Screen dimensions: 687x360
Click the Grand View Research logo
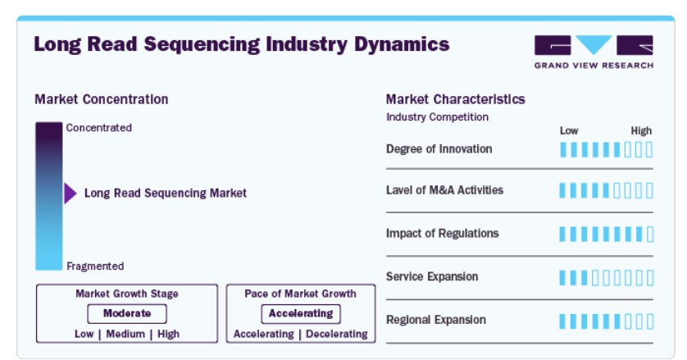click(x=594, y=52)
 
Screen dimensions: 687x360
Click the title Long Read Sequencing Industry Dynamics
click(x=242, y=44)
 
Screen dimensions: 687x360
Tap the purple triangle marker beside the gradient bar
click(x=71, y=194)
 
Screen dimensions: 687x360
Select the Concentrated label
click(x=99, y=128)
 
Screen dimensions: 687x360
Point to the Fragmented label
click(x=95, y=267)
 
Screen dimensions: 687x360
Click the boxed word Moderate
click(x=127, y=313)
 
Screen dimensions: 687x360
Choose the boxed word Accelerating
click(x=301, y=313)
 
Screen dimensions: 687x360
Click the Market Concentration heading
click(x=101, y=99)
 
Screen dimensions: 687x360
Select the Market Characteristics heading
click(x=456, y=99)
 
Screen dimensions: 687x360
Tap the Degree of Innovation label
click(x=439, y=149)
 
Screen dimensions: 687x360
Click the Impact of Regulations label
click(x=442, y=233)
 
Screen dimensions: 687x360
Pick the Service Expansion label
click(x=432, y=276)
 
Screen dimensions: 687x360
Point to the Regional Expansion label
click(x=436, y=320)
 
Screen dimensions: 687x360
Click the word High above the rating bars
click(x=641, y=130)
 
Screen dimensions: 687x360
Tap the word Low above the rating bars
click(x=569, y=130)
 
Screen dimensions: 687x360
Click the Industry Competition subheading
click(x=437, y=117)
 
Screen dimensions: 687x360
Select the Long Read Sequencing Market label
click(x=165, y=194)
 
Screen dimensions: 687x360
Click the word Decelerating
click(x=337, y=334)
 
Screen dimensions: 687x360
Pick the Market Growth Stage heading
click(x=127, y=294)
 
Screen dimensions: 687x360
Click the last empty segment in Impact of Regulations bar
click(x=650, y=235)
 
